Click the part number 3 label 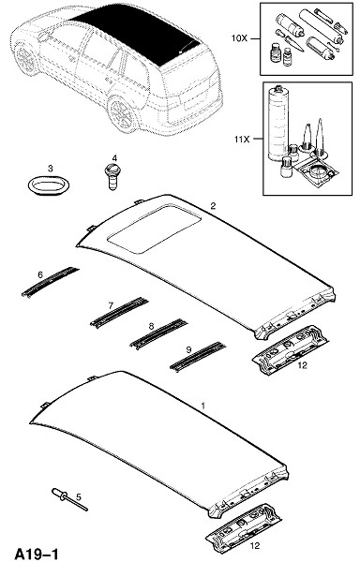click(51, 169)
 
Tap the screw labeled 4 click(112, 176)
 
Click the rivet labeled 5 click(69, 499)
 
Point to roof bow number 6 click(51, 282)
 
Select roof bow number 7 click(119, 312)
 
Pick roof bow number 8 click(158, 333)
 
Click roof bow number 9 click(198, 356)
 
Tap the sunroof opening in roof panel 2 click(154, 229)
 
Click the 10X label click(239, 38)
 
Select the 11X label click(242, 139)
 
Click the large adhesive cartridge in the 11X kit click(278, 124)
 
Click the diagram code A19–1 click(37, 553)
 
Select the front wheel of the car click(26, 60)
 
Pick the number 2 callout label click(213, 206)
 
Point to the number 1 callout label click(202, 407)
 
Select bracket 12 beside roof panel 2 click(290, 349)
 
